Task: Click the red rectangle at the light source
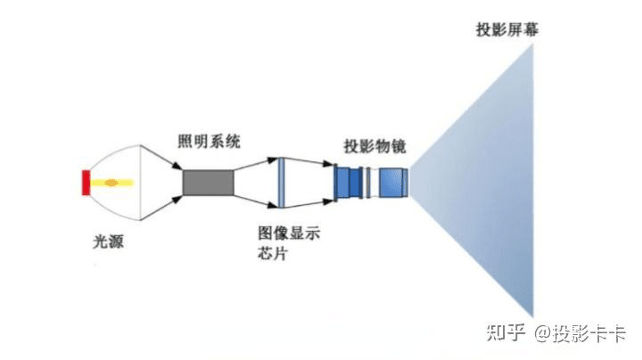85,182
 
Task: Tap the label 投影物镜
373,145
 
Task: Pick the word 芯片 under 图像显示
271,253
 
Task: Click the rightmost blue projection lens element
392,183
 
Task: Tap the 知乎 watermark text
505,333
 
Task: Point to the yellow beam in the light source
125,183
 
